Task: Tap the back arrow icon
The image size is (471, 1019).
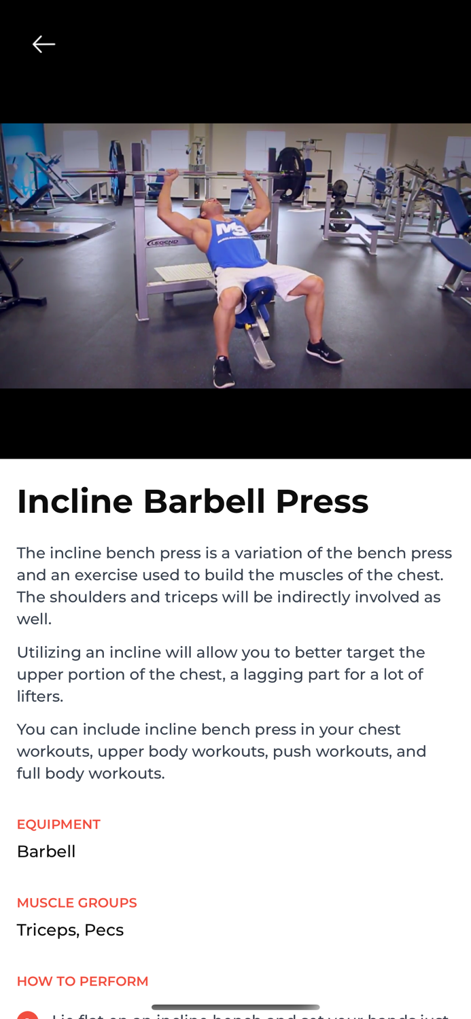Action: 43,44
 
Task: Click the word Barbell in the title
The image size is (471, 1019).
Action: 204,501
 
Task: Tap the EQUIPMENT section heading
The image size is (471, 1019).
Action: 58,824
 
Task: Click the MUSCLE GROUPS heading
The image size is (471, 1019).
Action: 77,903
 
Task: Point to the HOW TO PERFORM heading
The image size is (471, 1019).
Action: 82,981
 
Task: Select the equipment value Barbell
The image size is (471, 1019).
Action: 46,851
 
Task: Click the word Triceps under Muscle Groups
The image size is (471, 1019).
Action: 46,930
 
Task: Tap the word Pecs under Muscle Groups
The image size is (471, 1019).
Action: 104,930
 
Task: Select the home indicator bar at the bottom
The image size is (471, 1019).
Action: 235,1007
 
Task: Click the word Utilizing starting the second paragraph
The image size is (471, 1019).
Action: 48,652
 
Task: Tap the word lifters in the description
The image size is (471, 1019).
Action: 39,696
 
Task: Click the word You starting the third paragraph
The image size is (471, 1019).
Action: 31,729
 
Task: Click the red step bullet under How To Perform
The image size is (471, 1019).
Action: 27,1015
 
